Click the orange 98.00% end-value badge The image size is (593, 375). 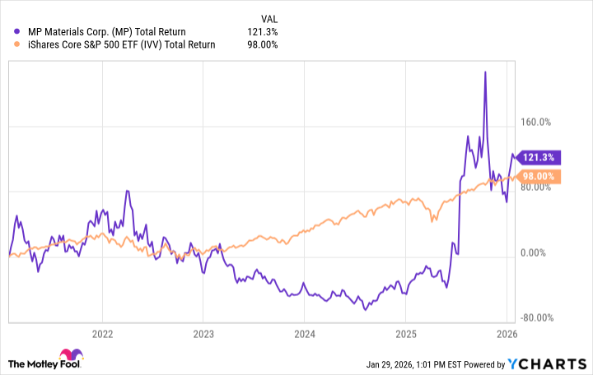coord(539,176)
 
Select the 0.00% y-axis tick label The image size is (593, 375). coord(536,253)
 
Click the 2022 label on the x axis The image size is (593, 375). coord(102,334)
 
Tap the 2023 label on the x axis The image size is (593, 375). coord(203,334)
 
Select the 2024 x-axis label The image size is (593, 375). coord(304,334)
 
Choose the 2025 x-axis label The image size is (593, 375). coord(405,334)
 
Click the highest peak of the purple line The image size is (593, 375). coord(485,72)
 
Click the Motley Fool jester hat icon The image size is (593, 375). coord(16,363)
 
